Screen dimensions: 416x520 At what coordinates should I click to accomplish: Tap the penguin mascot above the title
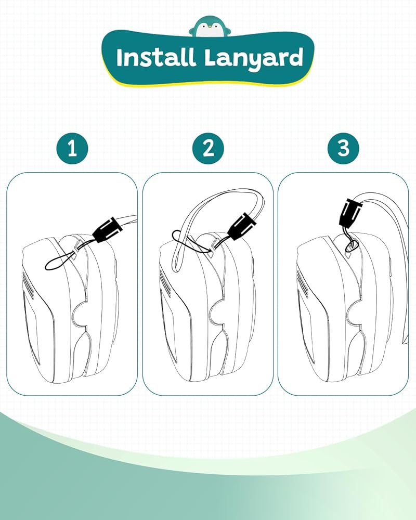(208, 27)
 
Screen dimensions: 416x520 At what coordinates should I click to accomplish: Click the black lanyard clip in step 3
(350, 212)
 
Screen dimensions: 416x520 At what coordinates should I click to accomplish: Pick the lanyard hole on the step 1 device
(74, 256)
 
